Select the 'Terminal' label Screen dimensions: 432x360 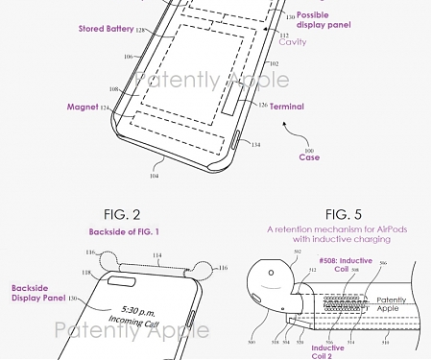click(286, 106)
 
